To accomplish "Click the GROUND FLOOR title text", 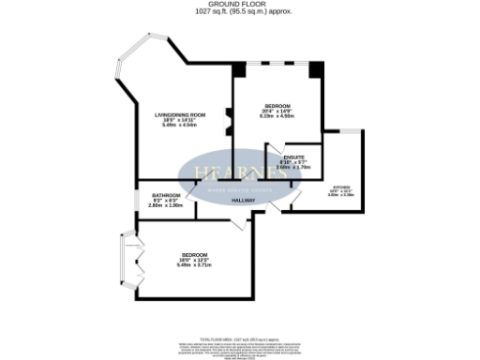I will [x=239, y=5].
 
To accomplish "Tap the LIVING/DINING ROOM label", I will [x=178, y=114].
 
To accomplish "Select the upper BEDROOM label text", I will [x=278, y=105].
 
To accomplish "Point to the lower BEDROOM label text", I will [x=194, y=255].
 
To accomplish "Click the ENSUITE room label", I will [x=295, y=157].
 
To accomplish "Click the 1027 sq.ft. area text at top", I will [x=239, y=12].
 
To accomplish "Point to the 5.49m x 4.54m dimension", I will [x=178, y=126].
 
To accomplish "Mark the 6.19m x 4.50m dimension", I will [x=278, y=116].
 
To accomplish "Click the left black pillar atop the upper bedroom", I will [x=240, y=69].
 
